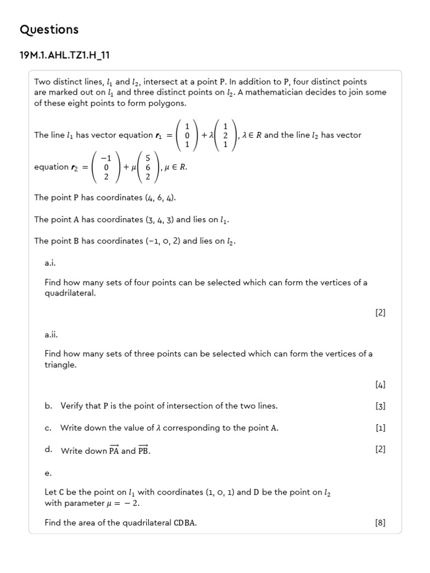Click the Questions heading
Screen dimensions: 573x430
(x=49, y=30)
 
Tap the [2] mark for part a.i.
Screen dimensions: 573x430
(x=381, y=313)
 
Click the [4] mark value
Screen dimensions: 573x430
(x=381, y=384)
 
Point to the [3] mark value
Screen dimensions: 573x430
(x=381, y=406)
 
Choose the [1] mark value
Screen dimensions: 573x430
(x=381, y=428)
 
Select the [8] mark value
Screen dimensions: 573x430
(x=381, y=523)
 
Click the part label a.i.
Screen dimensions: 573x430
(x=50, y=262)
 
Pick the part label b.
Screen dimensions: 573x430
(x=48, y=406)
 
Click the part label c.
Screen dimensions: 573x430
(x=48, y=428)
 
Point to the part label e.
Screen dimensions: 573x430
(x=48, y=473)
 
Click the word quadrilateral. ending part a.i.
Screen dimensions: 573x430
(x=70, y=293)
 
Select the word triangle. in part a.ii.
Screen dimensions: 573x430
(x=60, y=365)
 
